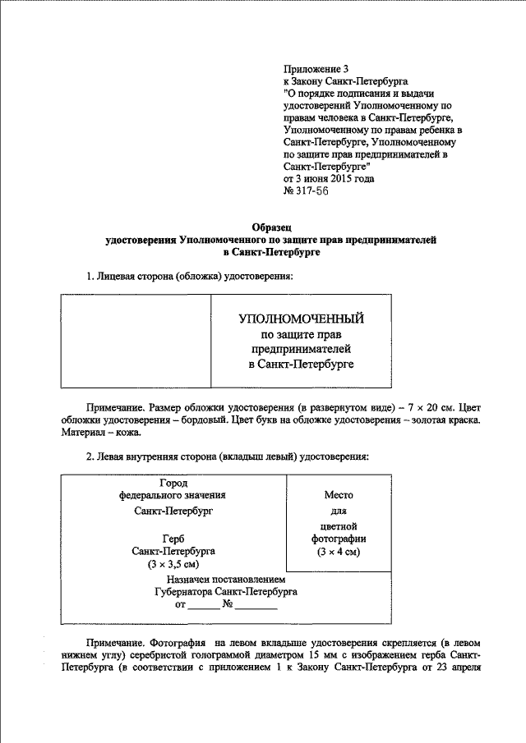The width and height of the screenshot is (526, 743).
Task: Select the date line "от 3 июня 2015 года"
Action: pyautogui.click(x=330, y=178)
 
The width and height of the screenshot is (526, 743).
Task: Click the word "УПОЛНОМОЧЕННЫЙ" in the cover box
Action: pyautogui.click(x=300, y=319)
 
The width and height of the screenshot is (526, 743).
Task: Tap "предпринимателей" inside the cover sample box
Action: pyautogui.click(x=300, y=348)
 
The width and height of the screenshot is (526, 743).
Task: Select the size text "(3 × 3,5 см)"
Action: pyautogui.click(x=173, y=565)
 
